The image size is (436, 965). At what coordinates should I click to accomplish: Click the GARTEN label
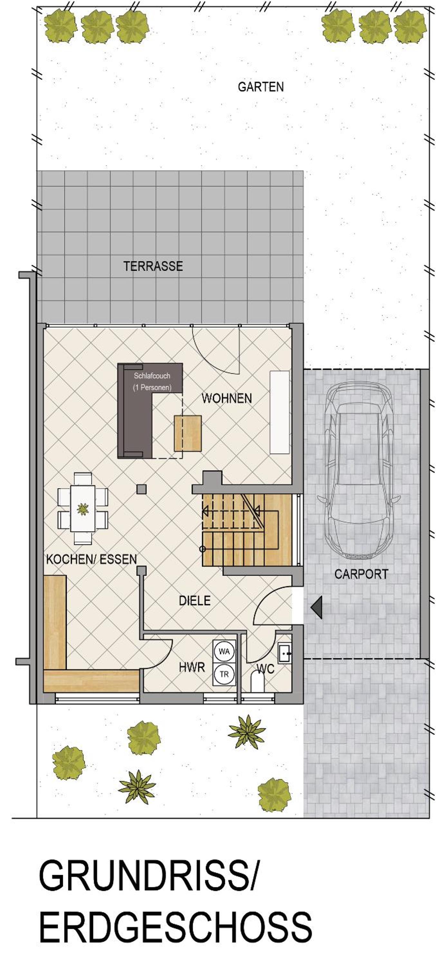tap(261, 87)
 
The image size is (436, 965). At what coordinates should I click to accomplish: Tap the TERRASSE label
tap(153, 266)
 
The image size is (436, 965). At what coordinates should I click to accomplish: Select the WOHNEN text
tap(227, 398)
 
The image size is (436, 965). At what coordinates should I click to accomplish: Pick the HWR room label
tap(192, 667)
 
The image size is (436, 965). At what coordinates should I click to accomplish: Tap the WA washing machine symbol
tap(224, 652)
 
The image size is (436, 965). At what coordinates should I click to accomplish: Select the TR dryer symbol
tap(224, 674)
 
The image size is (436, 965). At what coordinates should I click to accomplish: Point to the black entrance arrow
tap(316, 608)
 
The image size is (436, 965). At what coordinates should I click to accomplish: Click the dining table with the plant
tap(83, 508)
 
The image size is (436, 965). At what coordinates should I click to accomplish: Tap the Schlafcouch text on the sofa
tap(152, 376)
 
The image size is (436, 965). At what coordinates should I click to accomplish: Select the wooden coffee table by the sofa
tap(188, 433)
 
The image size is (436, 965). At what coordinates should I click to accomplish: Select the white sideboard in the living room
tap(280, 412)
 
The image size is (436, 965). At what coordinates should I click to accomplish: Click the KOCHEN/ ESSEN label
tap(92, 559)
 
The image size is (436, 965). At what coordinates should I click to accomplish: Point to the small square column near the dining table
tap(141, 489)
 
